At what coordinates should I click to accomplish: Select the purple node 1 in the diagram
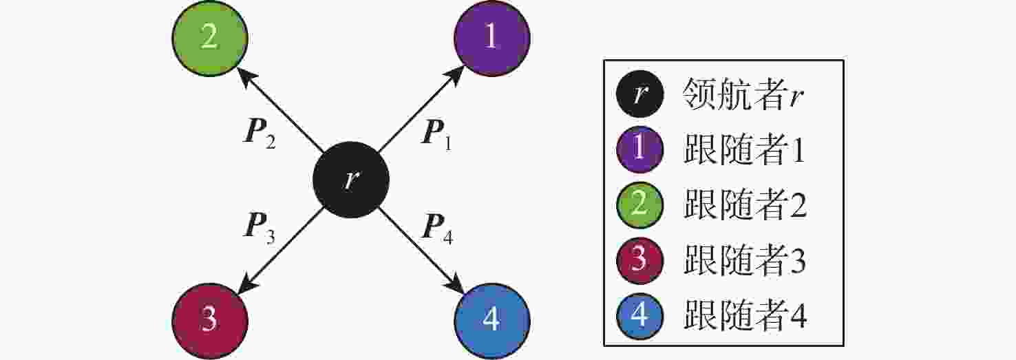[492, 39]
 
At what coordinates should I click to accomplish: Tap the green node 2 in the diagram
[209, 39]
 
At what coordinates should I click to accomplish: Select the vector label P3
[260, 227]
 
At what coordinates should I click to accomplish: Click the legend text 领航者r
[743, 95]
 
